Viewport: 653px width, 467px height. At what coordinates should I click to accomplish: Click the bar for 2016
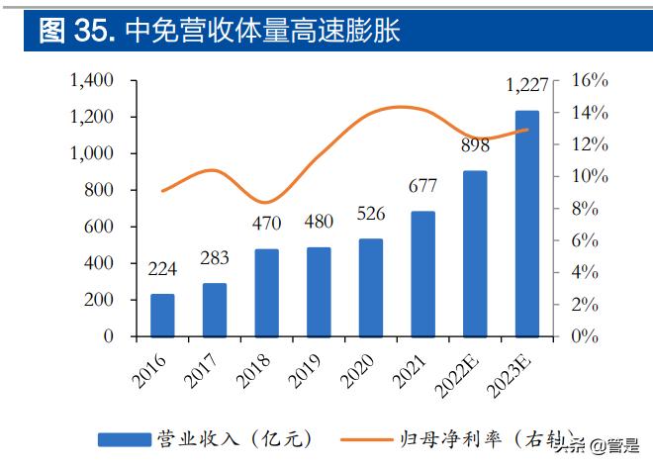(162, 315)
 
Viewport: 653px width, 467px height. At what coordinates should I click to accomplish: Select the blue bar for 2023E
(527, 224)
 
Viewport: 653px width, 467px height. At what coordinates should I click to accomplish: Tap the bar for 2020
(371, 287)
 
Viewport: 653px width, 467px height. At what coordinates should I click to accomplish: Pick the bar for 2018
(267, 292)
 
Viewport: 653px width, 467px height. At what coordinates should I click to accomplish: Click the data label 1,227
(527, 88)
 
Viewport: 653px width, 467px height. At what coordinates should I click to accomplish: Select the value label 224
(162, 269)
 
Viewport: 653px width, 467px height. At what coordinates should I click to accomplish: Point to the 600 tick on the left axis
(100, 227)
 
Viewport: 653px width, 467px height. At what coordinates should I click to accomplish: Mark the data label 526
(371, 215)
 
